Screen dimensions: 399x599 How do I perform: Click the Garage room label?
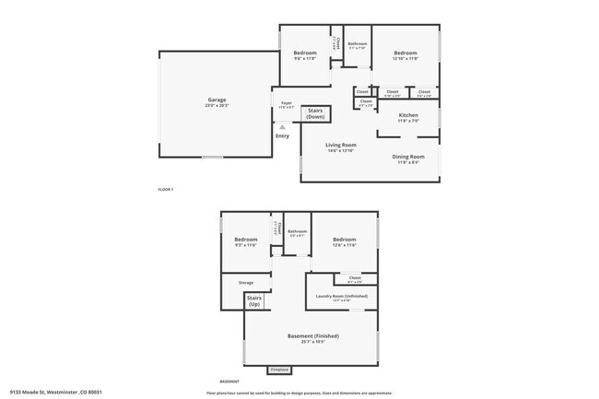pos(217,100)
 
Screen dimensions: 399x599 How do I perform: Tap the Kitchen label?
pos(408,115)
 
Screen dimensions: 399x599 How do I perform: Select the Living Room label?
pos(341,145)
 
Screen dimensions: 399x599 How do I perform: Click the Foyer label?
pos(287,103)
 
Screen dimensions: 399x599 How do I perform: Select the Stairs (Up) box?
pos(254,300)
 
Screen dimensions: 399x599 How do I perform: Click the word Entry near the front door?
pos(282,136)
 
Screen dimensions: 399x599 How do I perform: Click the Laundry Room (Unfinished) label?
pos(342,296)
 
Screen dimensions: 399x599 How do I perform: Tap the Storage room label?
pos(246,282)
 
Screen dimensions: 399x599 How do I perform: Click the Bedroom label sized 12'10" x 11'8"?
pos(406,53)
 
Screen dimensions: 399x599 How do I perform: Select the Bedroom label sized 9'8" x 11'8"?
pos(305,53)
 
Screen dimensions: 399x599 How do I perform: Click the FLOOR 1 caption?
pos(166,189)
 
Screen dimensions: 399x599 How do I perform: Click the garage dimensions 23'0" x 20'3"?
pos(217,106)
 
